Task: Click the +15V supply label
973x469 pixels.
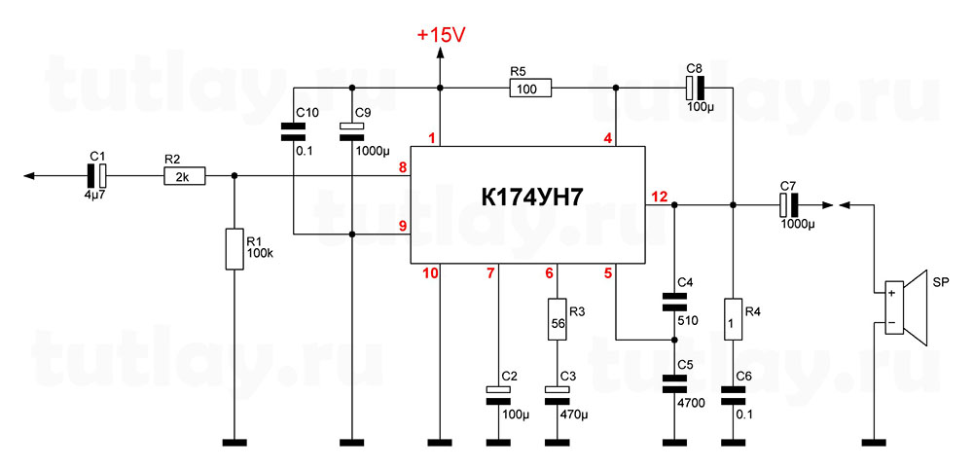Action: (441, 34)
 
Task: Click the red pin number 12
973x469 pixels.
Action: (660, 198)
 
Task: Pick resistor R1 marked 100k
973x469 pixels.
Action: (234, 249)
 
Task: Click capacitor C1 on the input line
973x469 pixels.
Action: (96, 176)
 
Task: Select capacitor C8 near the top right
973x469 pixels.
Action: (694, 89)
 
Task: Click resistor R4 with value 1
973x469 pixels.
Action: (733, 320)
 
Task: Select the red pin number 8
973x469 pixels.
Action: (402, 168)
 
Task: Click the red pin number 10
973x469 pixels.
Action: (430, 273)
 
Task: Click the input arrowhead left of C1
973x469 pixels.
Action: (29, 176)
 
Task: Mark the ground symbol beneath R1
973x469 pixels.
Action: (234, 443)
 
